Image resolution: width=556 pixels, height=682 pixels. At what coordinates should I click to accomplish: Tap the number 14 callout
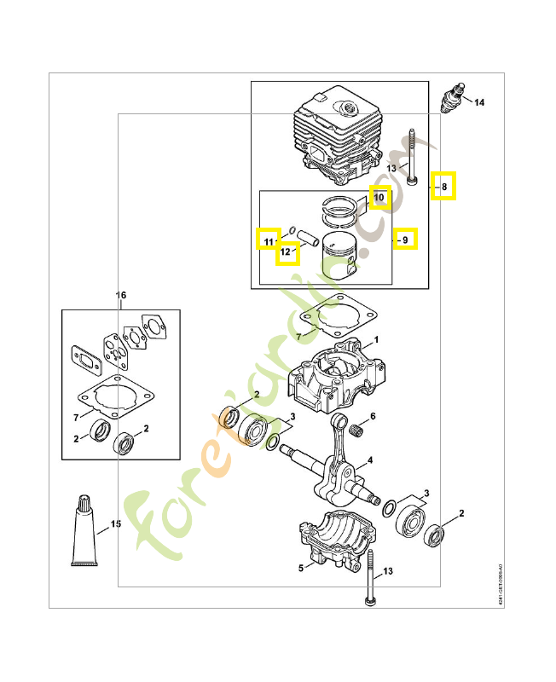click(479, 103)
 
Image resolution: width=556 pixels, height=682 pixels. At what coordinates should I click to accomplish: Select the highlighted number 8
click(443, 186)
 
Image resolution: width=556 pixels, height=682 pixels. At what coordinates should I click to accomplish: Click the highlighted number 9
click(406, 240)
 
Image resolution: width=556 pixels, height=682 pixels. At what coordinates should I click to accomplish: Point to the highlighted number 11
click(269, 240)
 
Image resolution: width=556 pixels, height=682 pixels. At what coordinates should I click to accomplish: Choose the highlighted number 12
click(288, 252)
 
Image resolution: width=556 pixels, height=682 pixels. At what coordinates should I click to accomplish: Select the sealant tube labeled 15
click(85, 530)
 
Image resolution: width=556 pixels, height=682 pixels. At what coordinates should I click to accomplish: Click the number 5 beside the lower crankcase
click(300, 568)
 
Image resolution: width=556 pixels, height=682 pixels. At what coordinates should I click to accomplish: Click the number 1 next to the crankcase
click(375, 339)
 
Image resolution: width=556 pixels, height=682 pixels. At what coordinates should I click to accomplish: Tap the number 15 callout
click(116, 524)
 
